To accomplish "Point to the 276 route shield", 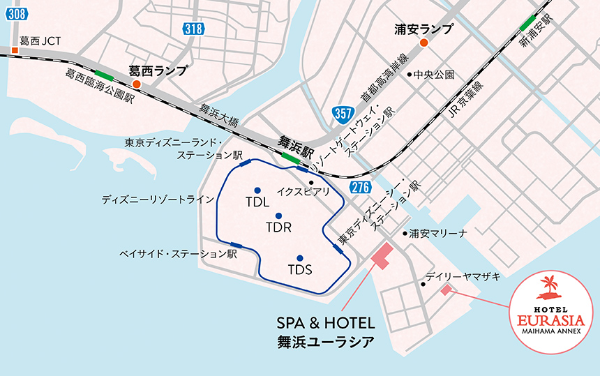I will [359, 187].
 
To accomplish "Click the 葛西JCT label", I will [40, 41].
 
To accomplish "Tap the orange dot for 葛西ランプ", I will [137, 84].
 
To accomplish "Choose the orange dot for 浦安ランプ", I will [423, 43].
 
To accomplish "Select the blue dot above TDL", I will [257, 190].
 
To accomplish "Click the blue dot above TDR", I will [278, 216].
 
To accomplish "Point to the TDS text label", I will [299, 270].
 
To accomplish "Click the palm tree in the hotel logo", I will [551, 286].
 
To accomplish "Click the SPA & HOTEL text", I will [326, 323].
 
